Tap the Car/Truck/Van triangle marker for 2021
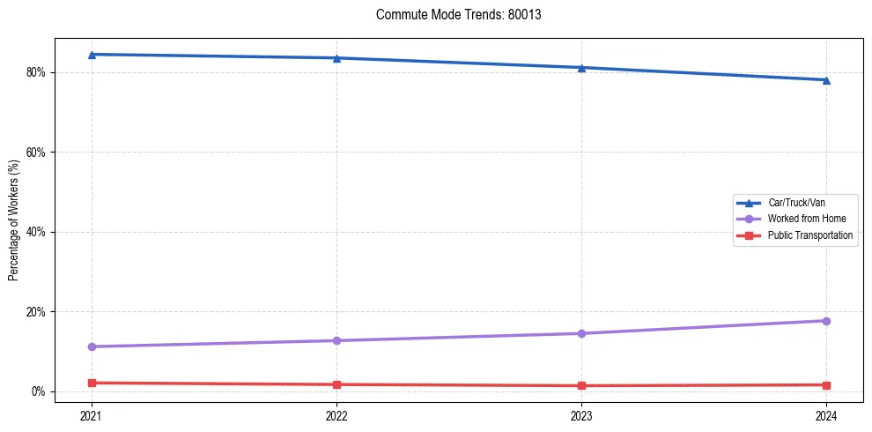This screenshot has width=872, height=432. [x=92, y=55]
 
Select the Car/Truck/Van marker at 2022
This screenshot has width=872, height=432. [x=336, y=58]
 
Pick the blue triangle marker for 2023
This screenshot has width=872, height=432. [x=581, y=68]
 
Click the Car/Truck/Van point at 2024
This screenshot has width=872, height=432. [x=826, y=80]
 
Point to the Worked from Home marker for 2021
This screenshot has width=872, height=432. [x=92, y=346]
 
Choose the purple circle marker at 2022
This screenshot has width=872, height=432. [x=336, y=340]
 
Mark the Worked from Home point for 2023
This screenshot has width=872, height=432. [x=581, y=333]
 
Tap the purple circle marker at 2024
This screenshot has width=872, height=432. [x=826, y=321]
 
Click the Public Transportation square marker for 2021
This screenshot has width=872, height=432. [x=92, y=383]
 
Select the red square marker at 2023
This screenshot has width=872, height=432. [x=581, y=385]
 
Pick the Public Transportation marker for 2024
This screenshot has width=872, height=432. [x=826, y=384]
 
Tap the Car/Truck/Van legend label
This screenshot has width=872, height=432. [x=795, y=203]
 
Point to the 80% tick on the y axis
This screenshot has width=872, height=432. [x=37, y=72]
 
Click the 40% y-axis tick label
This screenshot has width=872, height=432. [x=37, y=232]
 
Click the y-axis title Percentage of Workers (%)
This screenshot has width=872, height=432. [x=14, y=220]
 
